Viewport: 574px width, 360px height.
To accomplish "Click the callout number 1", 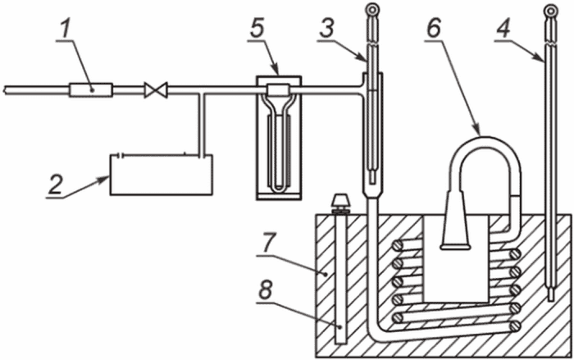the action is pyautogui.click(x=65, y=31).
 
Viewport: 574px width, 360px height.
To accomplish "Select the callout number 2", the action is pyautogui.click(x=56, y=185).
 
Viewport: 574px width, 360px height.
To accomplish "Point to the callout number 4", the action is pyautogui.click(x=503, y=27).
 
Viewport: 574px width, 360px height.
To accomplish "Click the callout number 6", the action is pyautogui.click(x=434, y=27).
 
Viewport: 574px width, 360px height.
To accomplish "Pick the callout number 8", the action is pyautogui.click(x=265, y=292).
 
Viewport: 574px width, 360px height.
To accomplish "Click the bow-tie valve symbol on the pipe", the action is pyautogui.click(x=156, y=89).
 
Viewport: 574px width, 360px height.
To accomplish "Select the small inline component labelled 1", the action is pyautogui.click(x=91, y=89).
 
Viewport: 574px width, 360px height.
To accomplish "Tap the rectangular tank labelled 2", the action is pyautogui.click(x=162, y=175).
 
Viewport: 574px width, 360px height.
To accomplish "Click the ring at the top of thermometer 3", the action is pyautogui.click(x=372, y=8).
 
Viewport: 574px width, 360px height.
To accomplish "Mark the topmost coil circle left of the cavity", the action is pyautogui.click(x=397, y=246).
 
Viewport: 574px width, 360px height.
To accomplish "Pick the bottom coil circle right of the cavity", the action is pyautogui.click(x=516, y=326).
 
